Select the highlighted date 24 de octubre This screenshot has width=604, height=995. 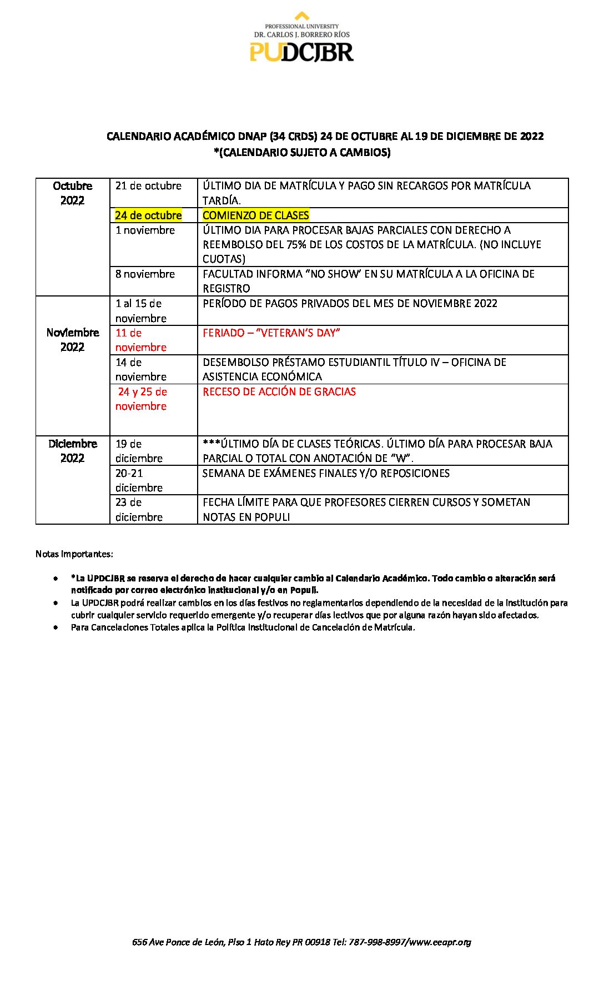pos(148,215)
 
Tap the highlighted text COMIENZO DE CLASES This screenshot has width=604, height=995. pos(255,215)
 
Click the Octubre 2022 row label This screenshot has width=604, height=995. pos(72,193)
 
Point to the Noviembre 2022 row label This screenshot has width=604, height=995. pos(72,340)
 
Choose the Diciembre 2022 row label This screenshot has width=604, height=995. pos(72,451)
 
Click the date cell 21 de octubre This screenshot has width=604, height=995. pos(148,186)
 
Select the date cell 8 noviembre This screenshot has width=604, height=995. pos(145,274)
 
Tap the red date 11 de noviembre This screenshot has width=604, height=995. pos(140,340)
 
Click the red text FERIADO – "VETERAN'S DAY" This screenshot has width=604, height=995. pos(271,333)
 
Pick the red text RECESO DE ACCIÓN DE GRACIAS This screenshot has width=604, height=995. pos(279,392)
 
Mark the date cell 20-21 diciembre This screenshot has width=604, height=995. pos(139,480)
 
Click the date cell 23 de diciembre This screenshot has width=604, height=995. pos(139,510)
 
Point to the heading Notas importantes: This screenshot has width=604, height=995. pos(74,554)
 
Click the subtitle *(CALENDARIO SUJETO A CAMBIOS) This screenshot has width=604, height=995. pos(302,153)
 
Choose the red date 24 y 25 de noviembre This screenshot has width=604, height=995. pos(142,399)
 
